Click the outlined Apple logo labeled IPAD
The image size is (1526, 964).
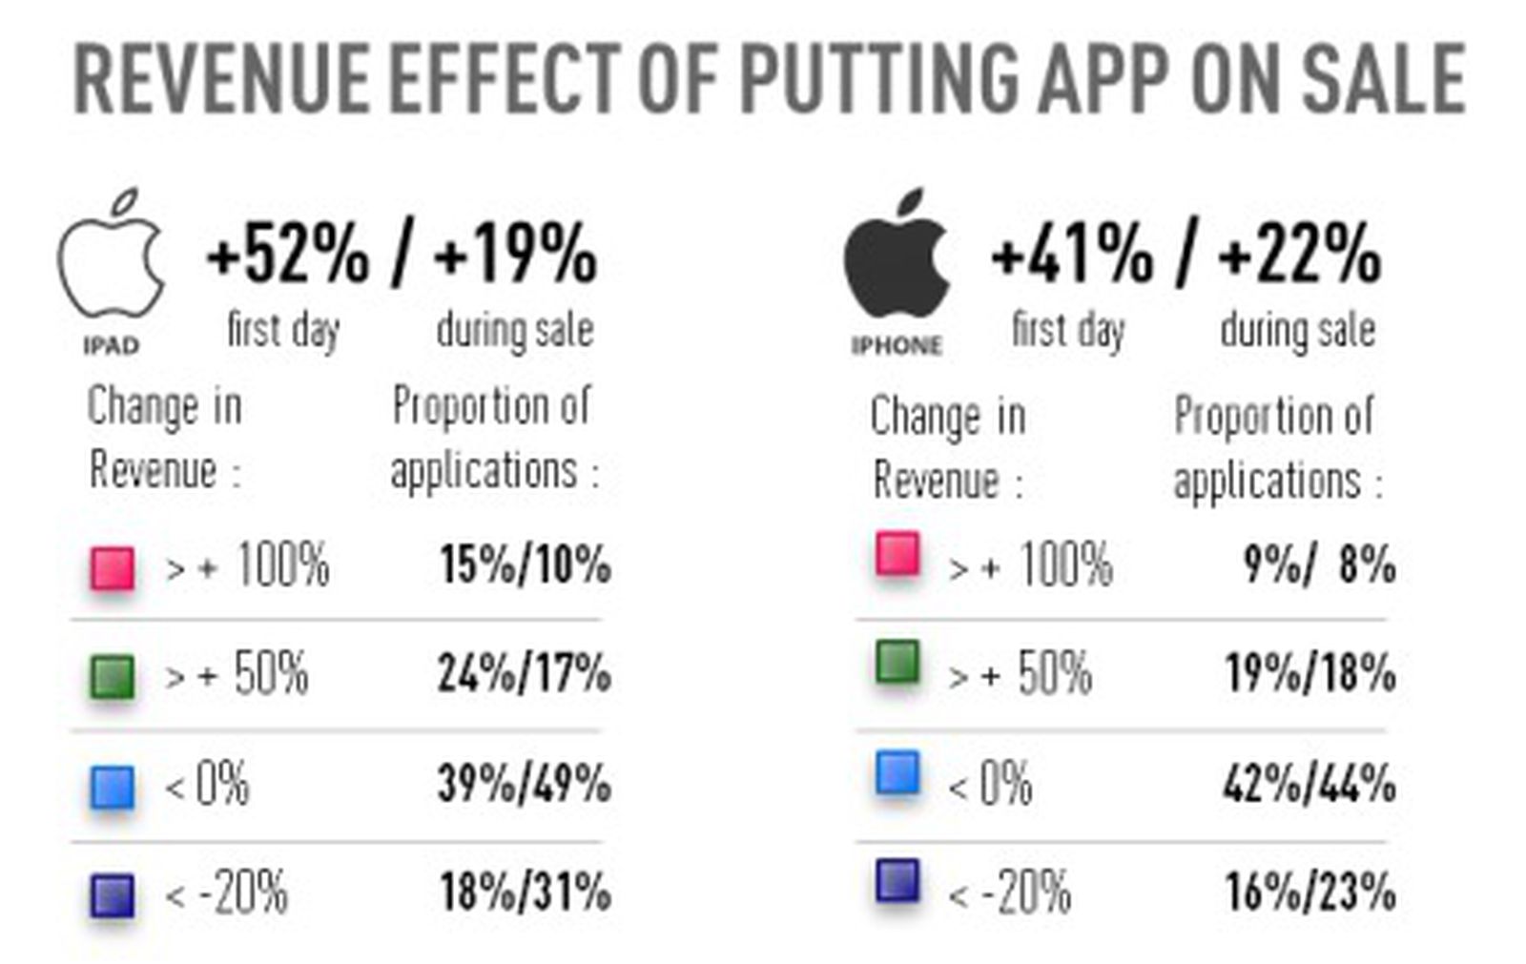(111, 256)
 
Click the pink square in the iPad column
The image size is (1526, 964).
(113, 568)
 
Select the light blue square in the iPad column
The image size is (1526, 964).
(113, 788)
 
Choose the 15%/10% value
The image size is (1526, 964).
(525, 564)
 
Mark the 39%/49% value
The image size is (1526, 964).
(525, 784)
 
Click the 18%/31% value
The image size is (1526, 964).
(525, 892)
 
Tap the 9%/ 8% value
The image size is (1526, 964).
(1319, 564)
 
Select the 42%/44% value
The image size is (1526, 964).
(1309, 784)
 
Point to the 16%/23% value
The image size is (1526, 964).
(1309, 892)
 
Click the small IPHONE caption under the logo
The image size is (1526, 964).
(897, 345)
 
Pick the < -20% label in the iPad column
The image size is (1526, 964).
(226, 894)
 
